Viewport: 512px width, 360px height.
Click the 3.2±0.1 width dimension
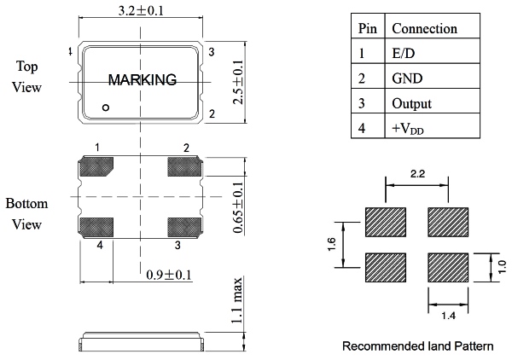click(x=141, y=10)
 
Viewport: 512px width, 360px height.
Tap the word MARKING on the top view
click(x=143, y=80)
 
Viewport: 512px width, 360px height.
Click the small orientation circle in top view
click(x=106, y=107)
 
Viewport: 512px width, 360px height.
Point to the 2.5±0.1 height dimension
click(x=238, y=82)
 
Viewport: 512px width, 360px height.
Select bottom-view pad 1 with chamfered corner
click(x=96, y=165)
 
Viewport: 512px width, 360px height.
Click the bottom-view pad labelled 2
click(x=184, y=166)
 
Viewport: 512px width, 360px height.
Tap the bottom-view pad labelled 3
click(x=184, y=227)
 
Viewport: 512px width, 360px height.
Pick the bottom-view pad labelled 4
click(x=96, y=227)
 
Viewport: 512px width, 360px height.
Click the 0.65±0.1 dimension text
click(x=238, y=207)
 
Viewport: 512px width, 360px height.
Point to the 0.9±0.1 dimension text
click(x=168, y=275)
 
